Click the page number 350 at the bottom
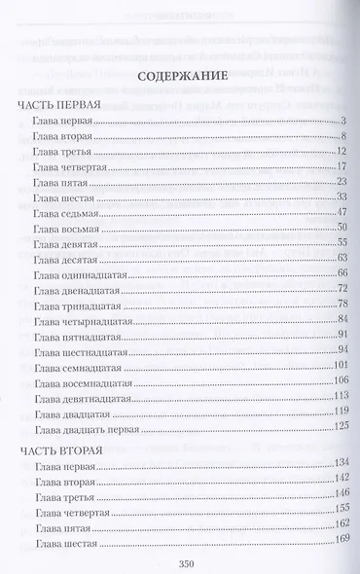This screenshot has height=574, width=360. click(190, 559)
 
